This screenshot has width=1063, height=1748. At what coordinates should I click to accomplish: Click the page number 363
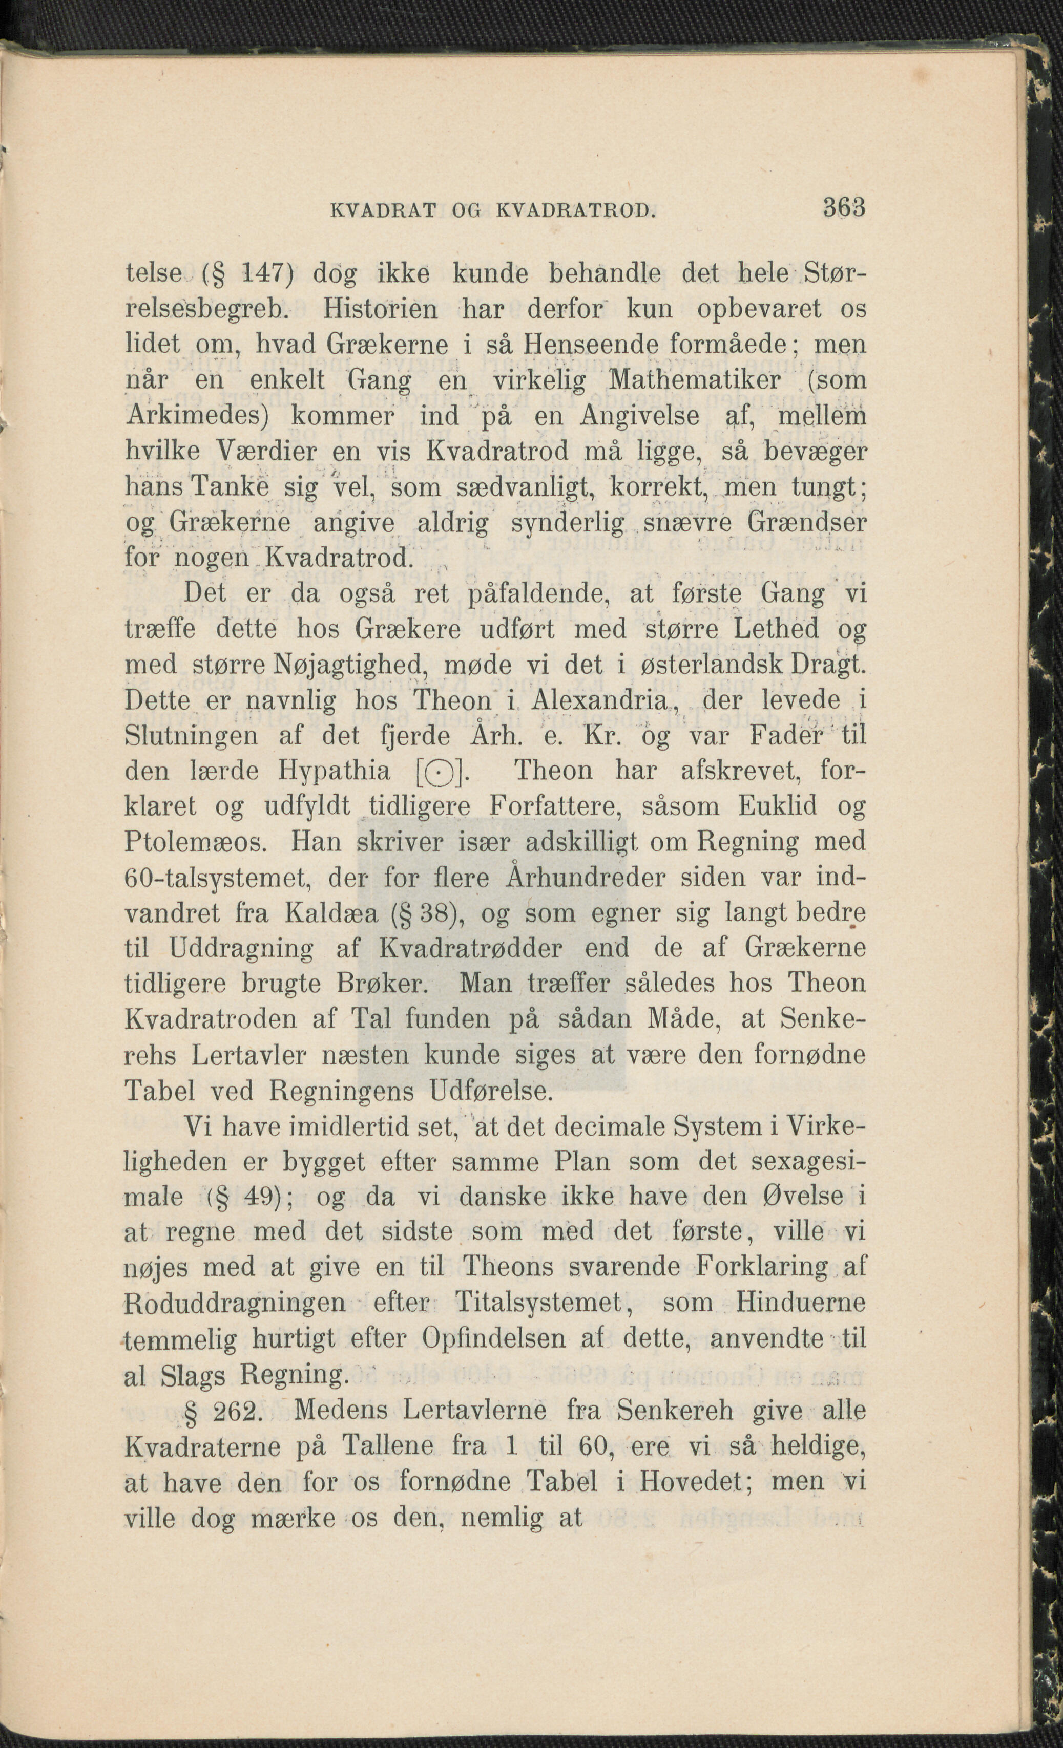click(x=844, y=208)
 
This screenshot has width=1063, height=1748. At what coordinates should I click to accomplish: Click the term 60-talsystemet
click(x=219, y=878)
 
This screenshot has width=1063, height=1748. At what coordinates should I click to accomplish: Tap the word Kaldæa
click(x=330, y=913)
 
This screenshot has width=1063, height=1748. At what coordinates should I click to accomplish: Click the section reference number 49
click(x=254, y=1198)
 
